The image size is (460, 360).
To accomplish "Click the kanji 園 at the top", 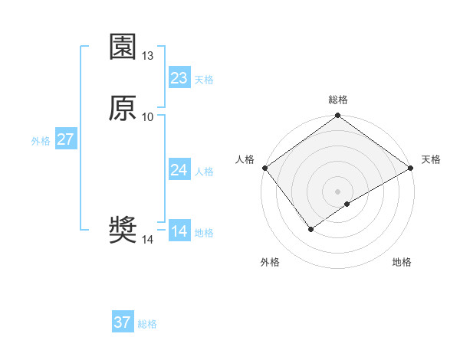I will click(x=123, y=47).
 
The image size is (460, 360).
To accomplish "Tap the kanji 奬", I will click(x=123, y=231).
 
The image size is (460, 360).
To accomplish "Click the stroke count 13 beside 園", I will click(x=148, y=56).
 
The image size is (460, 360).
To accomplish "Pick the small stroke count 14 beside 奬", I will click(x=148, y=240).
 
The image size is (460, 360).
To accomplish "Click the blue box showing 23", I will click(x=179, y=78).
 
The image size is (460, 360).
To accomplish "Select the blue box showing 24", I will click(x=179, y=170).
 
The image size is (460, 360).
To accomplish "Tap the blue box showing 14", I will click(x=179, y=231).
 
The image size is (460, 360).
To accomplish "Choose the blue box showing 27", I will click(x=65, y=139).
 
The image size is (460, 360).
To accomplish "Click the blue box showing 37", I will click(x=123, y=322).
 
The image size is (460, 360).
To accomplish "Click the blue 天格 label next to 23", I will click(x=204, y=80).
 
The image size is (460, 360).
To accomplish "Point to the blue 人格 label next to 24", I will click(x=205, y=172).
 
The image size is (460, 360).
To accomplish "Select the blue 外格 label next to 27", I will click(x=41, y=141).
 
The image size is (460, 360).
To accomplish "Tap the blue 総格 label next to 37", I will click(x=147, y=324).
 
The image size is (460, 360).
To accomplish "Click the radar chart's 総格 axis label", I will click(x=338, y=100).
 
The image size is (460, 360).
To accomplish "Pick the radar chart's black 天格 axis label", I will click(x=431, y=159).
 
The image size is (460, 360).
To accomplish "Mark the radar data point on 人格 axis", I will click(x=264, y=168).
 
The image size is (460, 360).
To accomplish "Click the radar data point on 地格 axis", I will click(x=347, y=204).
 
